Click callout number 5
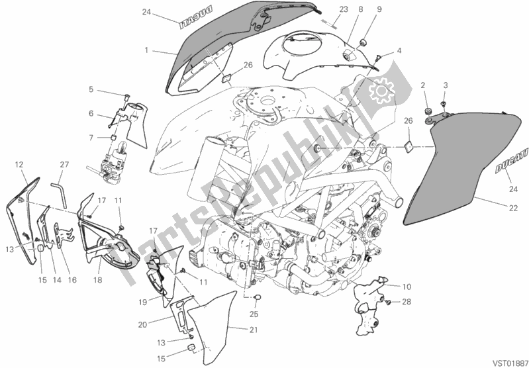click(x=91, y=89)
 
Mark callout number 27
click(x=64, y=165)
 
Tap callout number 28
click(x=407, y=302)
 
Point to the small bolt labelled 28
click(x=388, y=302)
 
